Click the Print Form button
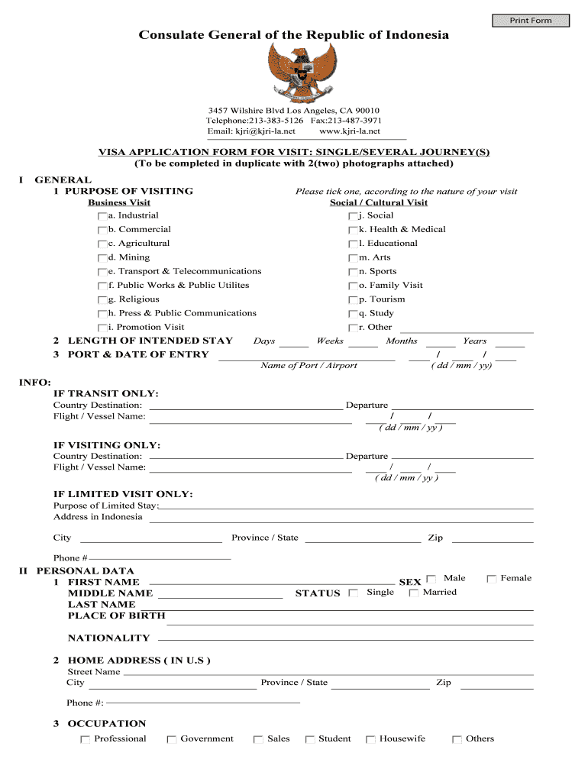531,20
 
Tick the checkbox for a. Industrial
102,216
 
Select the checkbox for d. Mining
102,258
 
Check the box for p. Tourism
353,300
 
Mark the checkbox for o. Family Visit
353,286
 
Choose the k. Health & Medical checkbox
353,230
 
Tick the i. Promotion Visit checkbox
102,328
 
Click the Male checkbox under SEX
431,579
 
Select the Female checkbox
492,579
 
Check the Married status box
414,593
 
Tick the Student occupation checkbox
310,739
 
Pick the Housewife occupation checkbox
370,739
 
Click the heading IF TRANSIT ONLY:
105,393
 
